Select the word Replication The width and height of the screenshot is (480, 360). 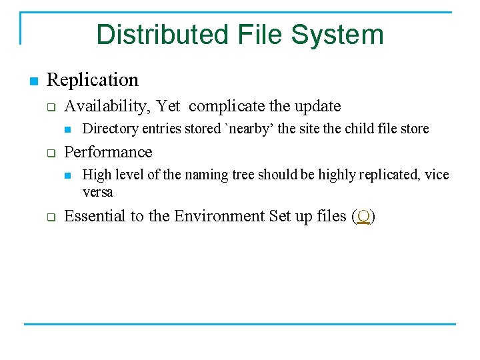pos(93,80)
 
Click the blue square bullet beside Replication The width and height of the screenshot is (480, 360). pos(33,81)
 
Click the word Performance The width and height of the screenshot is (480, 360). pos(108,152)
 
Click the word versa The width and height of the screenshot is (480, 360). pos(97,192)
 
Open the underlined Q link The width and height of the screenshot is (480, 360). pos(363,217)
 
